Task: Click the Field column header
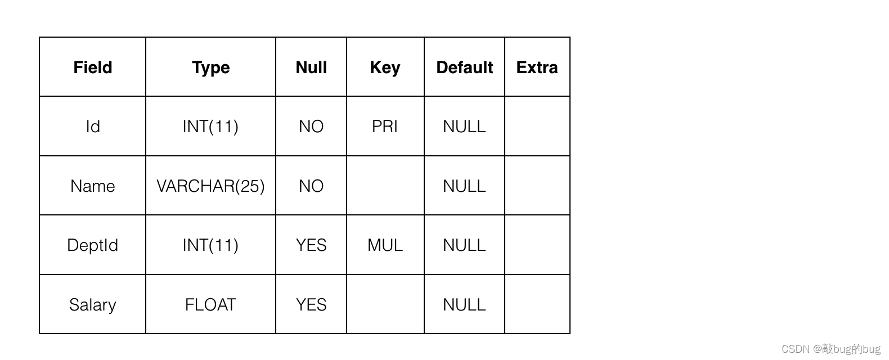(92, 67)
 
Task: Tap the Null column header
(311, 67)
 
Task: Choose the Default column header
(464, 67)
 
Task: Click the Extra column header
(537, 67)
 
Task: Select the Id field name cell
(93, 127)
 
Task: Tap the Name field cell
(92, 186)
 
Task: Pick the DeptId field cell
(92, 245)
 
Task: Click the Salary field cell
(92, 305)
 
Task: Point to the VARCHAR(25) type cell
(210, 186)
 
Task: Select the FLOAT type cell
(210, 305)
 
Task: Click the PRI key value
(384, 127)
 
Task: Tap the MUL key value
(385, 245)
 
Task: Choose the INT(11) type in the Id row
(210, 127)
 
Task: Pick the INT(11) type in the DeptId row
(210, 245)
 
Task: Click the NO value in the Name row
(311, 186)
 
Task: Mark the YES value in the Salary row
(311, 305)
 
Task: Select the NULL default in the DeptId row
(464, 245)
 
